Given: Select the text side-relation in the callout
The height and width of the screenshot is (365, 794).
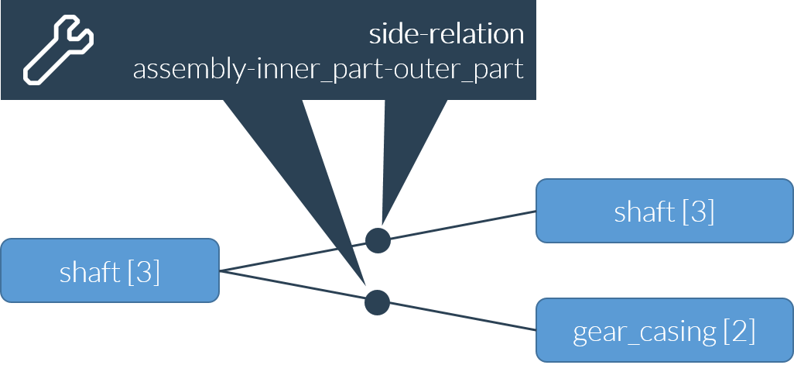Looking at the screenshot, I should tap(446, 35).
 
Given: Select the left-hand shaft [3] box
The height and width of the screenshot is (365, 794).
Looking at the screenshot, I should tap(110, 270).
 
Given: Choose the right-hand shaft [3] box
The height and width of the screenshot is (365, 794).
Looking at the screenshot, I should tap(664, 211).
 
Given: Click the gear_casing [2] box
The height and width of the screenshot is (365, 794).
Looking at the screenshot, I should tap(664, 331).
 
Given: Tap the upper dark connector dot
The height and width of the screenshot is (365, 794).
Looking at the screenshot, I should tap(378, 240).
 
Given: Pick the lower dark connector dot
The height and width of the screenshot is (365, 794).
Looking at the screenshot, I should tap(377, 301).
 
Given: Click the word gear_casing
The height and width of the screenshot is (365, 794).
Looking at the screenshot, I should tap(645, 332).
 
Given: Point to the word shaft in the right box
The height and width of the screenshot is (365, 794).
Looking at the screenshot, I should tap(644, 212).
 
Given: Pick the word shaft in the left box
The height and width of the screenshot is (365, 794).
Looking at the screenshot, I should tap(90, 273).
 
